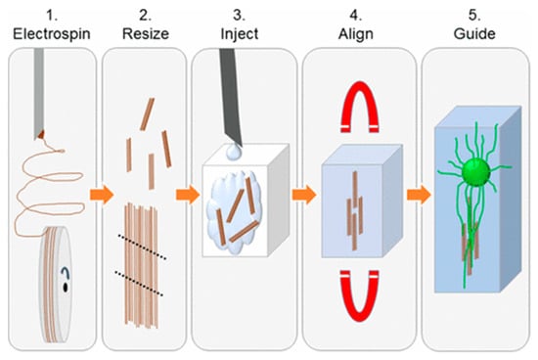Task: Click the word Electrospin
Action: [x=52, y=34]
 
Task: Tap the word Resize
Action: [x=146, y=34]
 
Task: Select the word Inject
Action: [x=239, y=34]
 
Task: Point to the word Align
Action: [x=356, y=34]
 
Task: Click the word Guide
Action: [x=474, y=34]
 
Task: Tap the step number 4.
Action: [x=355, y=15]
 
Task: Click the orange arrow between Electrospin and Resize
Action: [x=102, y=195]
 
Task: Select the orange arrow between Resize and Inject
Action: [x=188, y=195]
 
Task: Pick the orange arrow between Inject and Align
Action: [x=304, y=195]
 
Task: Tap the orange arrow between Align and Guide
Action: [x=419, y=195]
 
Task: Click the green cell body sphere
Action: [x=476, y=172]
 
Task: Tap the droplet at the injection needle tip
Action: [x=234, y=152]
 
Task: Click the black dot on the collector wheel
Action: [x=65, y=287]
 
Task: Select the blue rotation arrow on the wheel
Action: [x=66, y=273]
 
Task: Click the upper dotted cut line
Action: [x=143, y=247]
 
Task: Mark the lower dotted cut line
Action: [x=139, y=283]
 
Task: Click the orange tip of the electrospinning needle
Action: [x=41, y=135]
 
